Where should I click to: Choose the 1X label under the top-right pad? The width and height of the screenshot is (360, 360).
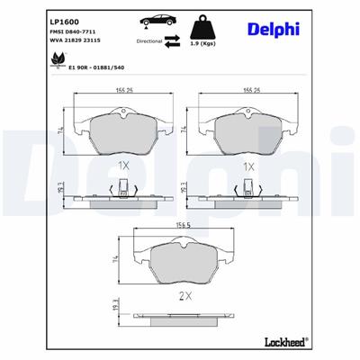click(250, 167)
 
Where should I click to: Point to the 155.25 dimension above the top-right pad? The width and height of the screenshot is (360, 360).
click(250, 90)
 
